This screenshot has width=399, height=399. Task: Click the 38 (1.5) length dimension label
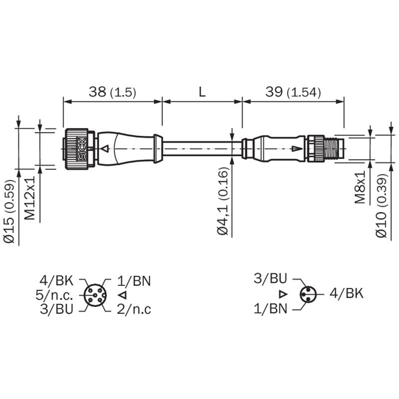pyautogui.click(x=112, y=92)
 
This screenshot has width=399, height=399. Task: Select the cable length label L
pyautogui.click(x=202, y=92)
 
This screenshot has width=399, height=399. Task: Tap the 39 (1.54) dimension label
pyautogui.click(x=293, y=92)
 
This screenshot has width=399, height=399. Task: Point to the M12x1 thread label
pyautogui.click(x=30, y=198)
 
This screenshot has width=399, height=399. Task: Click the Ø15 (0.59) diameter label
pyautogui.click(x=10, y=211)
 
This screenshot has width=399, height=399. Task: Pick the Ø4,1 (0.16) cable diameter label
pyautogui.click(x=222, y=201)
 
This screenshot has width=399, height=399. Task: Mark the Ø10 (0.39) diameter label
pyautogui.click(x=382, y=205)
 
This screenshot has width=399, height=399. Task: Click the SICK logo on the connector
pyautogui.click(x=82, y=149)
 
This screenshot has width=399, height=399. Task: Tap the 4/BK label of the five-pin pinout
pyautogui.click(x=56, y=281)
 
